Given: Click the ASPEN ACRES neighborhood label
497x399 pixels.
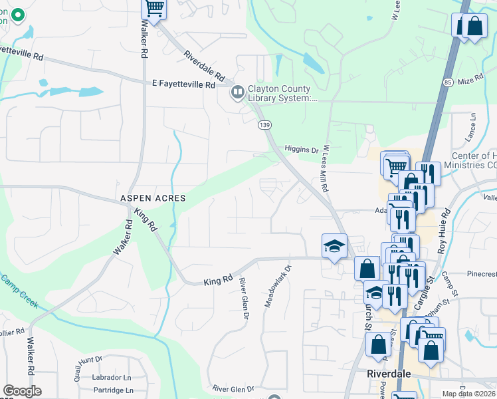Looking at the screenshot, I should [x=152, y=199].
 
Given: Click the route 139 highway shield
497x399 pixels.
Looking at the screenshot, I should [x=265, y=126].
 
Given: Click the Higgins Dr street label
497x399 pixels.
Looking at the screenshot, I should [x=301, y=149].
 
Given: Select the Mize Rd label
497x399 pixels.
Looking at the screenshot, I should [x=471, y=80].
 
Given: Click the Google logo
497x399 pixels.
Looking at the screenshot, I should [x=22, y=391].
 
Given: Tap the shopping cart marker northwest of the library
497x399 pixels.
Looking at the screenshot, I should [x=154, y=9].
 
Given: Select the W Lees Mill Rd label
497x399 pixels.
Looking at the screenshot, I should [x=326, y=170].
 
